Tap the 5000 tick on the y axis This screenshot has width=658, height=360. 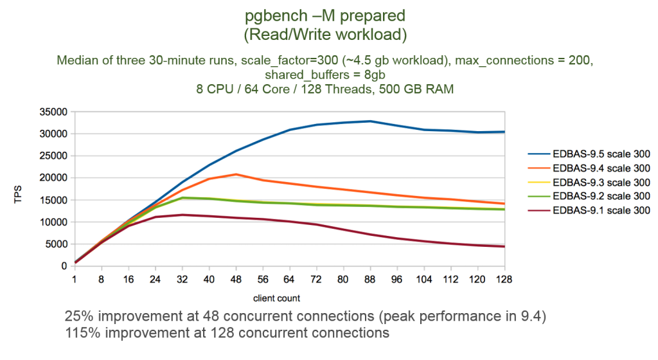click(58, 244)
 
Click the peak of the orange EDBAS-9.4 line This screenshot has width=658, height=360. click(236, 174)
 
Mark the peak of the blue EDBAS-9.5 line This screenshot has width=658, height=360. click(368, 120)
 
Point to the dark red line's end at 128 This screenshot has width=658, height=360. click(504, 247)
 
